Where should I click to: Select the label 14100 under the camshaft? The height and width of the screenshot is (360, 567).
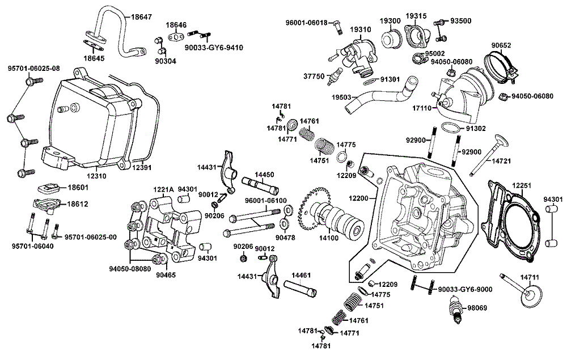coord(327,238)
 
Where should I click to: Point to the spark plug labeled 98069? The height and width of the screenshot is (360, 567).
coord(455,310)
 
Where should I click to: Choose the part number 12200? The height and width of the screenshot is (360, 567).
coord(358,197)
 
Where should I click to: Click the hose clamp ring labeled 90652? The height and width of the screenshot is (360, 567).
coord(502,61)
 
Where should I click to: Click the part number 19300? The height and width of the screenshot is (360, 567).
coord(390,20)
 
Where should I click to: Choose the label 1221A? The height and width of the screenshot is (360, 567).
coord(162,189)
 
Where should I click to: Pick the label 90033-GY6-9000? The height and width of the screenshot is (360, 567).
coord(463,289)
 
